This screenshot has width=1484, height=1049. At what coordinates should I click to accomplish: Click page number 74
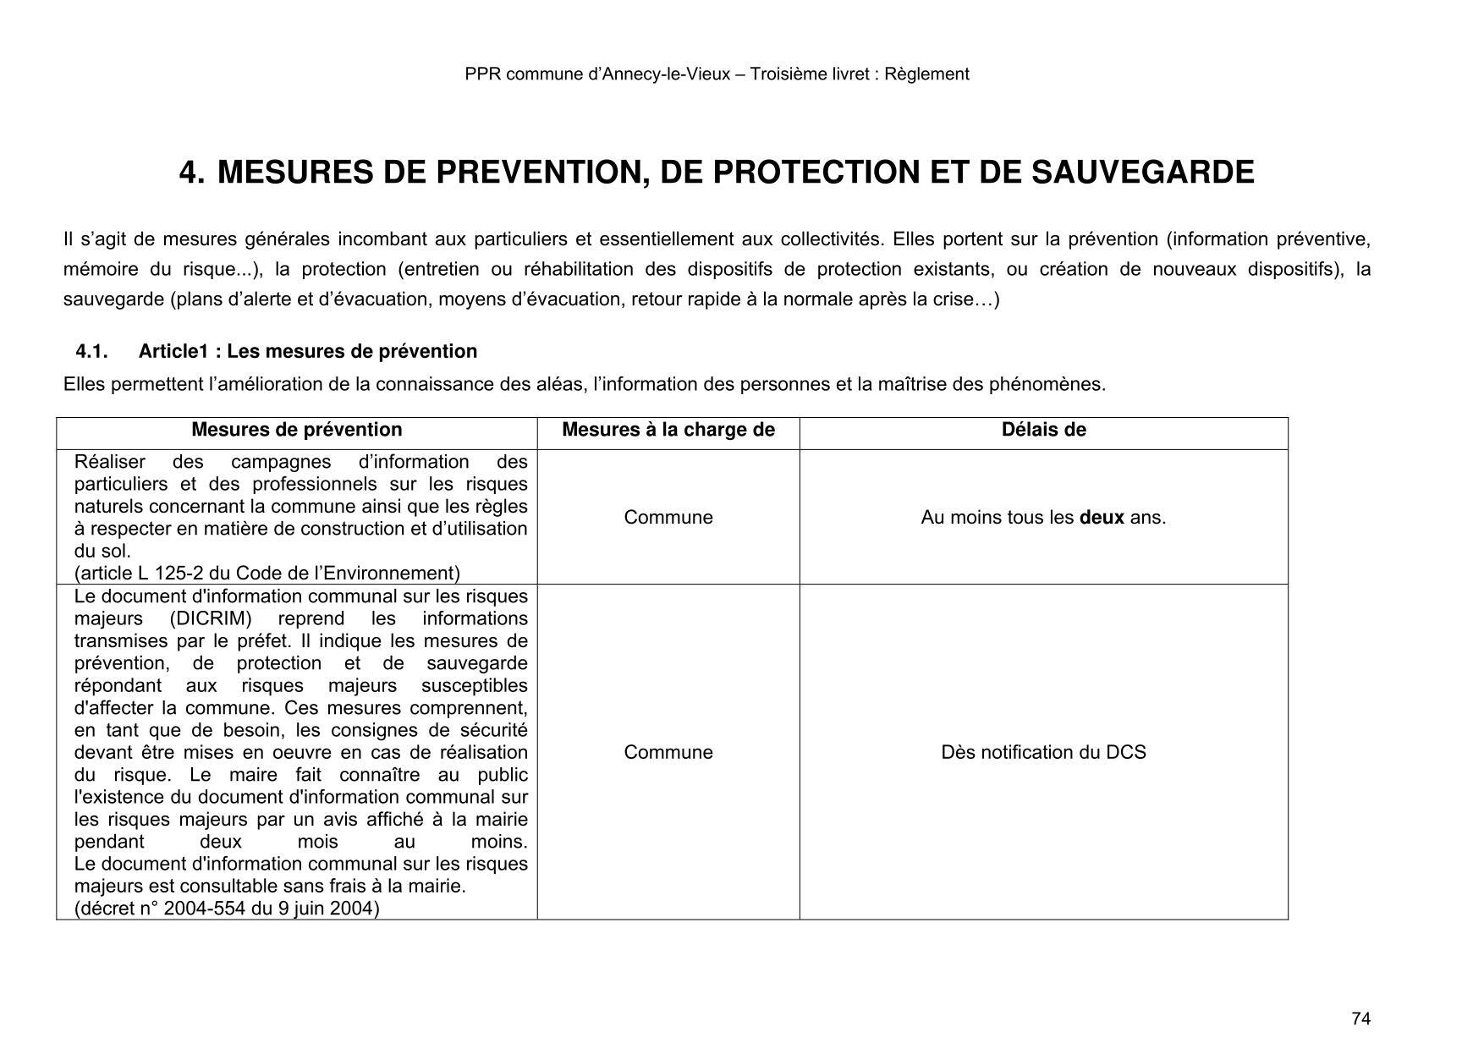(1360, 1019)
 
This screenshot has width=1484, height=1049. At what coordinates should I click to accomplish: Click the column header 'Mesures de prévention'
(296, 430)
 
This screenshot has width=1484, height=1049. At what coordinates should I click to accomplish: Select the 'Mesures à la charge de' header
(668, 430)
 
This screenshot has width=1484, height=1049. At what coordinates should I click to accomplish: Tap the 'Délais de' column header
(1043, 430)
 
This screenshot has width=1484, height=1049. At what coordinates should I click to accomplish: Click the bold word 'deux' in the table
(1102, 518)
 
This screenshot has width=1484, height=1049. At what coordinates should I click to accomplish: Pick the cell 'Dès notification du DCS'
(1043, 752)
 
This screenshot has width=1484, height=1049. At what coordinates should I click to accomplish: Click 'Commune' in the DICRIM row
(668, 752)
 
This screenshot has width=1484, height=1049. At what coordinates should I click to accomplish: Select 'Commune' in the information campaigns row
(668, 518)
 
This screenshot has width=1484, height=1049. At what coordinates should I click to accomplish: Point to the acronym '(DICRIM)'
(211, 618)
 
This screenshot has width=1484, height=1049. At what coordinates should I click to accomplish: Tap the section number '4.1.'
(92, 351)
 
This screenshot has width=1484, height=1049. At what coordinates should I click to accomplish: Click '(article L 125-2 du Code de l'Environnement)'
(267, 574)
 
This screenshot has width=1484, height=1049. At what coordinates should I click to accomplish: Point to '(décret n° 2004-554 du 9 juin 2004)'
(227, 909)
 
